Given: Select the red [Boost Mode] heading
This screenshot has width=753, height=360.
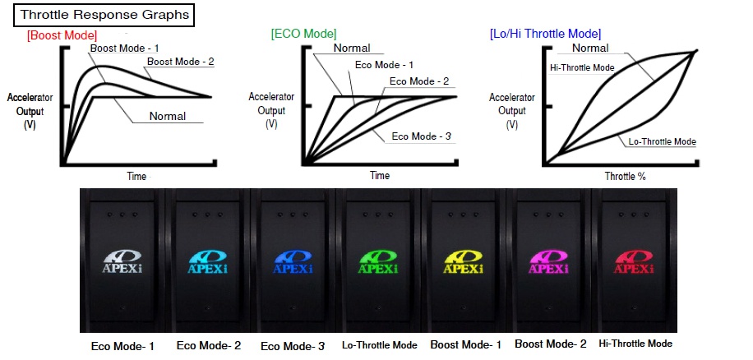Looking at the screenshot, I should click(x=62, y=35).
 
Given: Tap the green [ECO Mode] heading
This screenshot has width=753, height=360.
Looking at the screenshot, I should click(x=303, y=34).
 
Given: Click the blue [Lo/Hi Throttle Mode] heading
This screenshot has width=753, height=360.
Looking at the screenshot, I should click(x=545, y=34).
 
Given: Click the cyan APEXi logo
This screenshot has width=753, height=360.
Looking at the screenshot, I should click(x=208, y=261).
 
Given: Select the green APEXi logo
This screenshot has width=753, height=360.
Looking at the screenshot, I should click(x=379, y=261).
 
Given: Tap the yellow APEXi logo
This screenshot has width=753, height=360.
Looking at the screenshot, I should click(x=464, y=261).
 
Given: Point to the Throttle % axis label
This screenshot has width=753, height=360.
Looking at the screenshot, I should click(x=625, y=177).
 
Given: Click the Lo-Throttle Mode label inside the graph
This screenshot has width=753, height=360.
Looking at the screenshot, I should click(x=662, y=142).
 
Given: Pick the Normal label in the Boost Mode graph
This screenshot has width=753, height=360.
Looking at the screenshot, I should click(x=167, y=116).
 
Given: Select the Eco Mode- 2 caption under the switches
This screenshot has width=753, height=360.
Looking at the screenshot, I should click(x=208, y=345).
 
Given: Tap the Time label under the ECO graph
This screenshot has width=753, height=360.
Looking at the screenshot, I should click(x=379, y=176).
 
